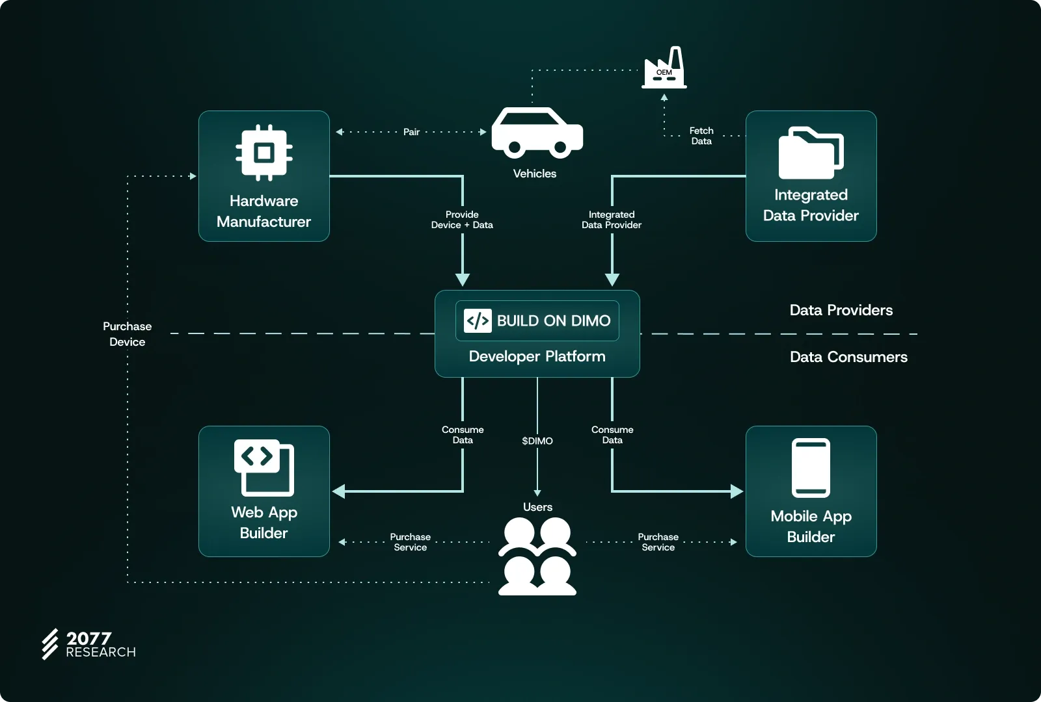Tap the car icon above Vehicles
click(537, 133)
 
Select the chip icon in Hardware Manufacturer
click(264, 153)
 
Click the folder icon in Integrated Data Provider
click(811, 153)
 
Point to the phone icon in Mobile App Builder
click(811, 468)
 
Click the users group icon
click(537, 556)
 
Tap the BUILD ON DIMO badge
click(537, 320)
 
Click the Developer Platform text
click(537, 357)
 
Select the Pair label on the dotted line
click(411, 132)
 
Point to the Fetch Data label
click(701, 136)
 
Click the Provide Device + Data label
click(462, 220)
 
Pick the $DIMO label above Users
click(537, 441)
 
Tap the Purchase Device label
click(128, 334)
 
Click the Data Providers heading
click(841, 310)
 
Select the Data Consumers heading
click(848, 357)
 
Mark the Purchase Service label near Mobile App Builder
click(658, 542)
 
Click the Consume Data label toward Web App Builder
click(463, 435)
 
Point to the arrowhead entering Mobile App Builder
click(737, 491)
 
